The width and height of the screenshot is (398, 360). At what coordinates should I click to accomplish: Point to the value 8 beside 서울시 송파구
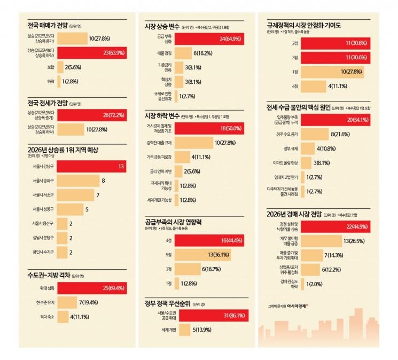click(x=103, y=181)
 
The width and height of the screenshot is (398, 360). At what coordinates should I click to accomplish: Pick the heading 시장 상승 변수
click(x=163, y=25)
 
